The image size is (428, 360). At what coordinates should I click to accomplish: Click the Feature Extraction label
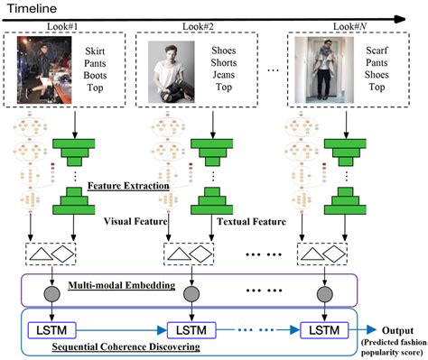[128, 186]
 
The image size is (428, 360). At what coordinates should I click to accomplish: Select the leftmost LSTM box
[51, 327]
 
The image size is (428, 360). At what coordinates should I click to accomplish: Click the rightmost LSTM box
[318, 327]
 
